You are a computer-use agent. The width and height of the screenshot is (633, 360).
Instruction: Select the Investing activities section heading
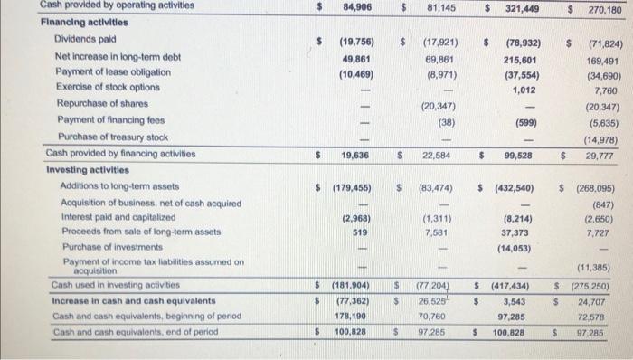pyautogui.click(x=82, y=170)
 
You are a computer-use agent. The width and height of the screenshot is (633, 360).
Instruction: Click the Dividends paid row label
pyautogui.click(x=85, y=41)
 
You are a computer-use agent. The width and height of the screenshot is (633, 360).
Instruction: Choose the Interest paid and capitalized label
pyautogui.click(x=117, y=218)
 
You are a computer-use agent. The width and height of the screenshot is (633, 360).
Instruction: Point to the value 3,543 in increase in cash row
pyautogui.click(x=525, y=300)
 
